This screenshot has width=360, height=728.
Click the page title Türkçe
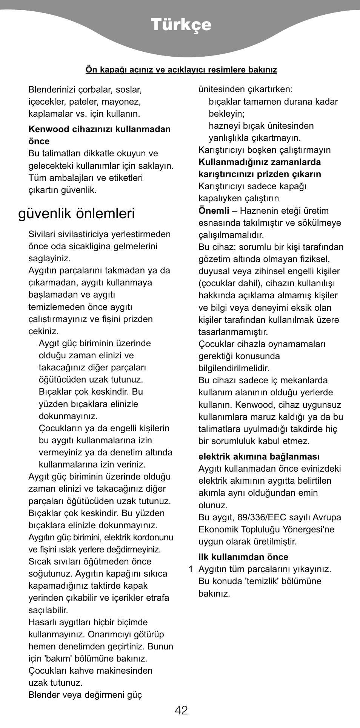(x=181, y=25)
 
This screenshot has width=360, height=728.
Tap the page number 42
(x=181, y=710)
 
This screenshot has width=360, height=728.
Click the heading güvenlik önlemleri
(x=76, y=214)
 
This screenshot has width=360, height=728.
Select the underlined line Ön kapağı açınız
(x=181, y=70)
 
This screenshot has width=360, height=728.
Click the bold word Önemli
(x=214, y=211)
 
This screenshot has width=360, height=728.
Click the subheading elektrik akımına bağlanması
(x=259, y=457)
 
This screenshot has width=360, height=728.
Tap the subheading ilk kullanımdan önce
(x=243, y=557)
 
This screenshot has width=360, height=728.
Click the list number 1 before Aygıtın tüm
(x=191, y=569)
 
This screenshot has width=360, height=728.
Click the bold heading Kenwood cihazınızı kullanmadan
(x=100, y=129)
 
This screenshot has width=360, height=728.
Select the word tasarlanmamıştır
(x=233, y=332)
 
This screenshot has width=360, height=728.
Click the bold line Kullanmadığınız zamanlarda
(x=260, y=162)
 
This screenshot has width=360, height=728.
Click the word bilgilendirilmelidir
(x=234, y=368)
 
